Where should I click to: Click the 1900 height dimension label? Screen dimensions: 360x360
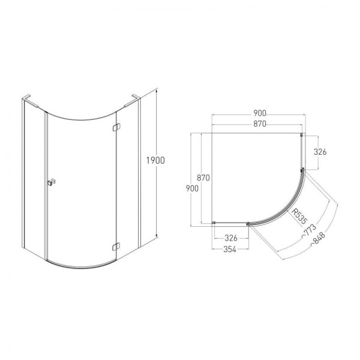pos(155,160)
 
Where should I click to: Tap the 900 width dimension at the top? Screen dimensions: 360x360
pos(260,113)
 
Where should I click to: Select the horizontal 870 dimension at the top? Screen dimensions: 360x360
pos(260,124)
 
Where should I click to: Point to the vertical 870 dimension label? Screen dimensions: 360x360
pos(203,178)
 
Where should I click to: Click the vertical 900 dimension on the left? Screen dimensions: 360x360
pos(192,188)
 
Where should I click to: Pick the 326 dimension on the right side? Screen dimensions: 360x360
pos(320,152)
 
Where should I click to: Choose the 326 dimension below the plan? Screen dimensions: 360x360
pos(231,238)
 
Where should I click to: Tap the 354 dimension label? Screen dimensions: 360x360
pos(230,250)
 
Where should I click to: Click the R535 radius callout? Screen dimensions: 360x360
pos(299,216)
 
